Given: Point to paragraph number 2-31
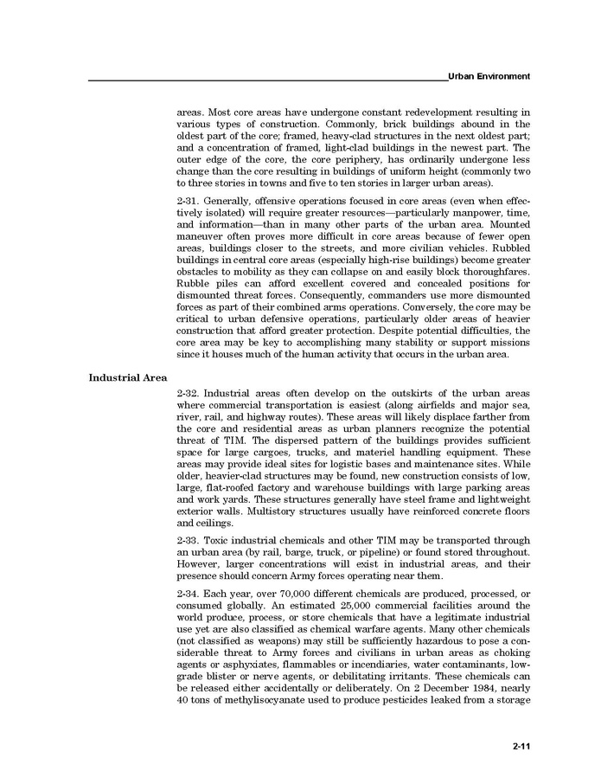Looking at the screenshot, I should pyautogui.click(x=189, y=201).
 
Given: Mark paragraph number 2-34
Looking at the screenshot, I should pyautogui.click(x=189, y=592).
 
